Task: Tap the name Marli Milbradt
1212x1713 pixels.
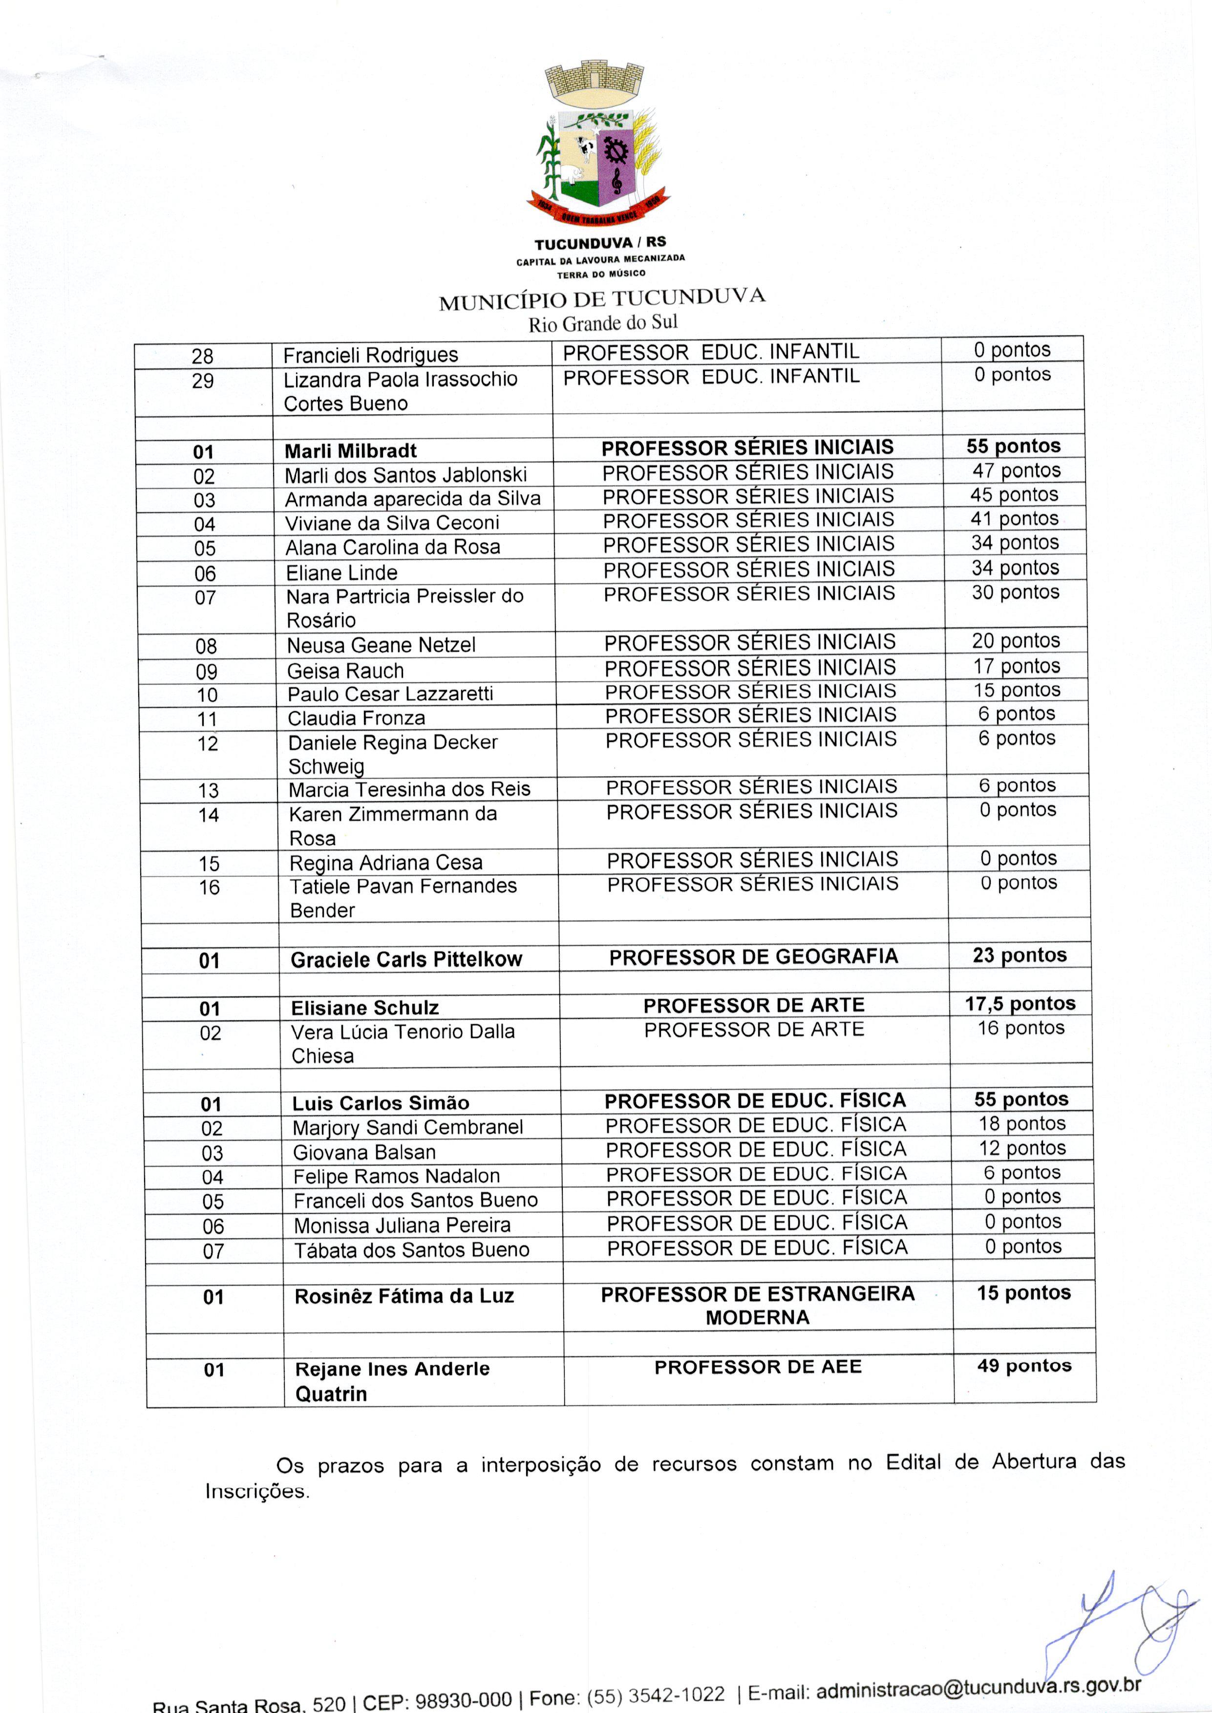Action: click(350, 451)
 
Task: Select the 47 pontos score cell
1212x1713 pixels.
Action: click(1016, 471)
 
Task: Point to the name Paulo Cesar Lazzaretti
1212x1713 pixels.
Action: click(390, 694)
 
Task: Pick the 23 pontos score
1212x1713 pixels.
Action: click(1020, 956)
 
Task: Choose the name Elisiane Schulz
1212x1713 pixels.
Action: click(365, 1008)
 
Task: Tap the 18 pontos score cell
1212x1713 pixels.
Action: click(1021, 1124)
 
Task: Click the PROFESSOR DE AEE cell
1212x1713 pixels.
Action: click(758, 1367)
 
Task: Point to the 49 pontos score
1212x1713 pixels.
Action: click(1024, 1366)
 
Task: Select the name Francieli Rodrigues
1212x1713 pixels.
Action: click(370, 355)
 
